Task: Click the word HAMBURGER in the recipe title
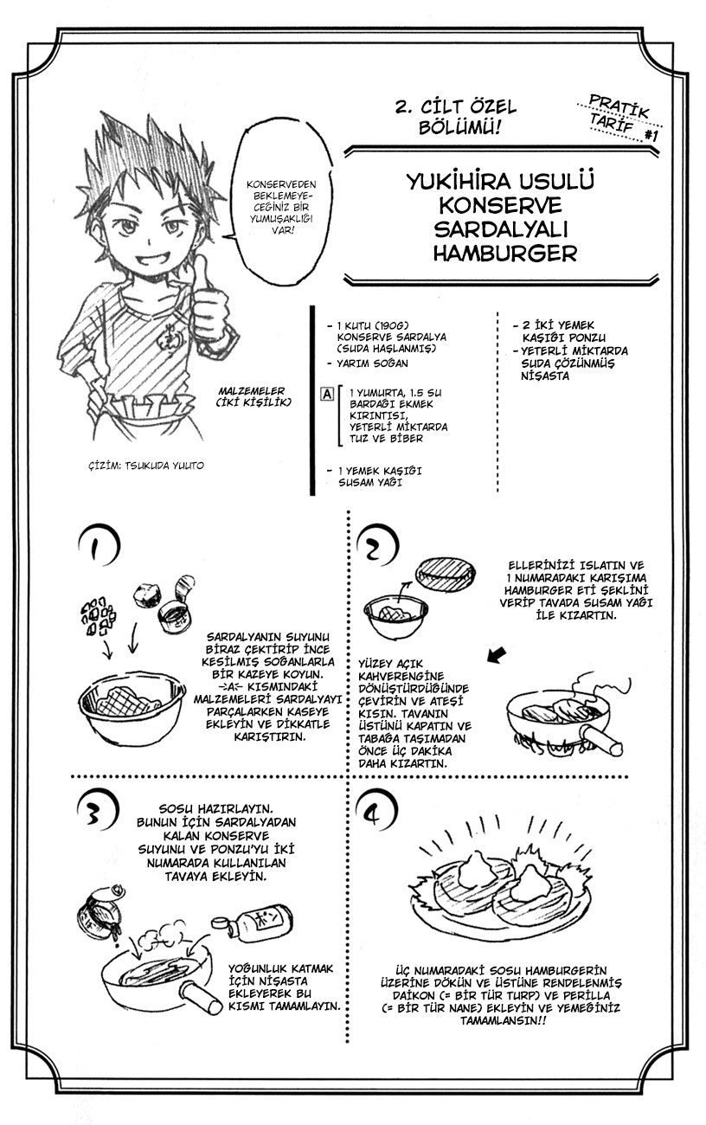click(x=505, y=253)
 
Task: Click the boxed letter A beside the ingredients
click(x=327, y=394)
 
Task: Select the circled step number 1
click(x=99, y=546)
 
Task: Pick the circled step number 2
click(x=377, y=549)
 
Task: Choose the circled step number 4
click(x=376, y=815)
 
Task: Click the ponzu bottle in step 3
click(x=252, y=922)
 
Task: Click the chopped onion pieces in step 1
click(x=99, y=614)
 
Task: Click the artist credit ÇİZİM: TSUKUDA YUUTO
click(x=146, y=466)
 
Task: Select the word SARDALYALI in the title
click(x=501, y=229)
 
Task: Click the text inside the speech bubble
click(x=281, y=207)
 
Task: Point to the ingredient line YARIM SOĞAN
click(x=372, y=363)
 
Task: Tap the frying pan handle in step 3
click(x=201, y=995)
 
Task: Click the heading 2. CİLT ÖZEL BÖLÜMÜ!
click(x=456, y=117)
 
